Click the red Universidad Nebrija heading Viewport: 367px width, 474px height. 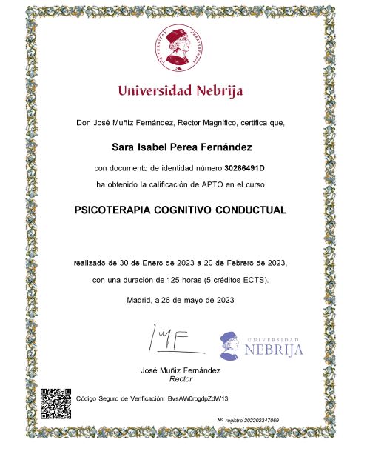(181, 92)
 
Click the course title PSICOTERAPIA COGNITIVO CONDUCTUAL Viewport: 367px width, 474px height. (181, 210)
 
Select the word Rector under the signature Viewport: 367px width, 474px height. (181, 378)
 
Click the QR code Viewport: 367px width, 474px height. (55, 402)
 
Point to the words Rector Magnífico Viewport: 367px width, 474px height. (219, 121)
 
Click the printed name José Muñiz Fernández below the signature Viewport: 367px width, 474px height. (181, 369)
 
